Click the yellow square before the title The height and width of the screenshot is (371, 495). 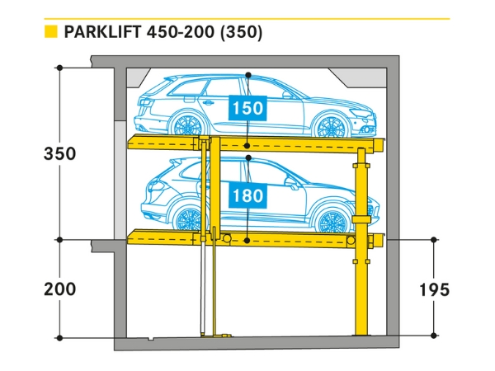point(50,33)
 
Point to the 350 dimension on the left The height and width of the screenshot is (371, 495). point(60,154)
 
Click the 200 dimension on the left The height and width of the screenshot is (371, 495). point(60,289)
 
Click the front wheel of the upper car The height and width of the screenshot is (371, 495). point(332,125)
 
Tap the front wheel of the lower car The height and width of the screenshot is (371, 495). point(334,222)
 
